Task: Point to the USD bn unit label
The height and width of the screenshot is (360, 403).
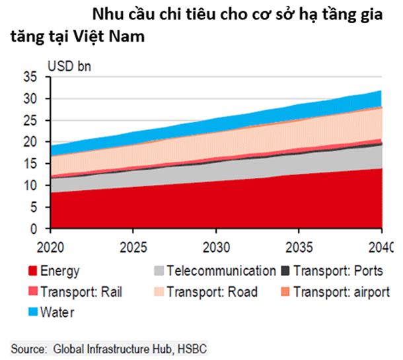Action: [69, 65]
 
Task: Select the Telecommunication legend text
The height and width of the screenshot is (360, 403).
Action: [221, 271]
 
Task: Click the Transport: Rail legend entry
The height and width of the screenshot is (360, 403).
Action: [77, 292]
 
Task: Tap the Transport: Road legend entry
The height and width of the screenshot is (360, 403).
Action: [211, 292]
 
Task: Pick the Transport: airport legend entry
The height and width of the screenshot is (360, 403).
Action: [340, 292]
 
